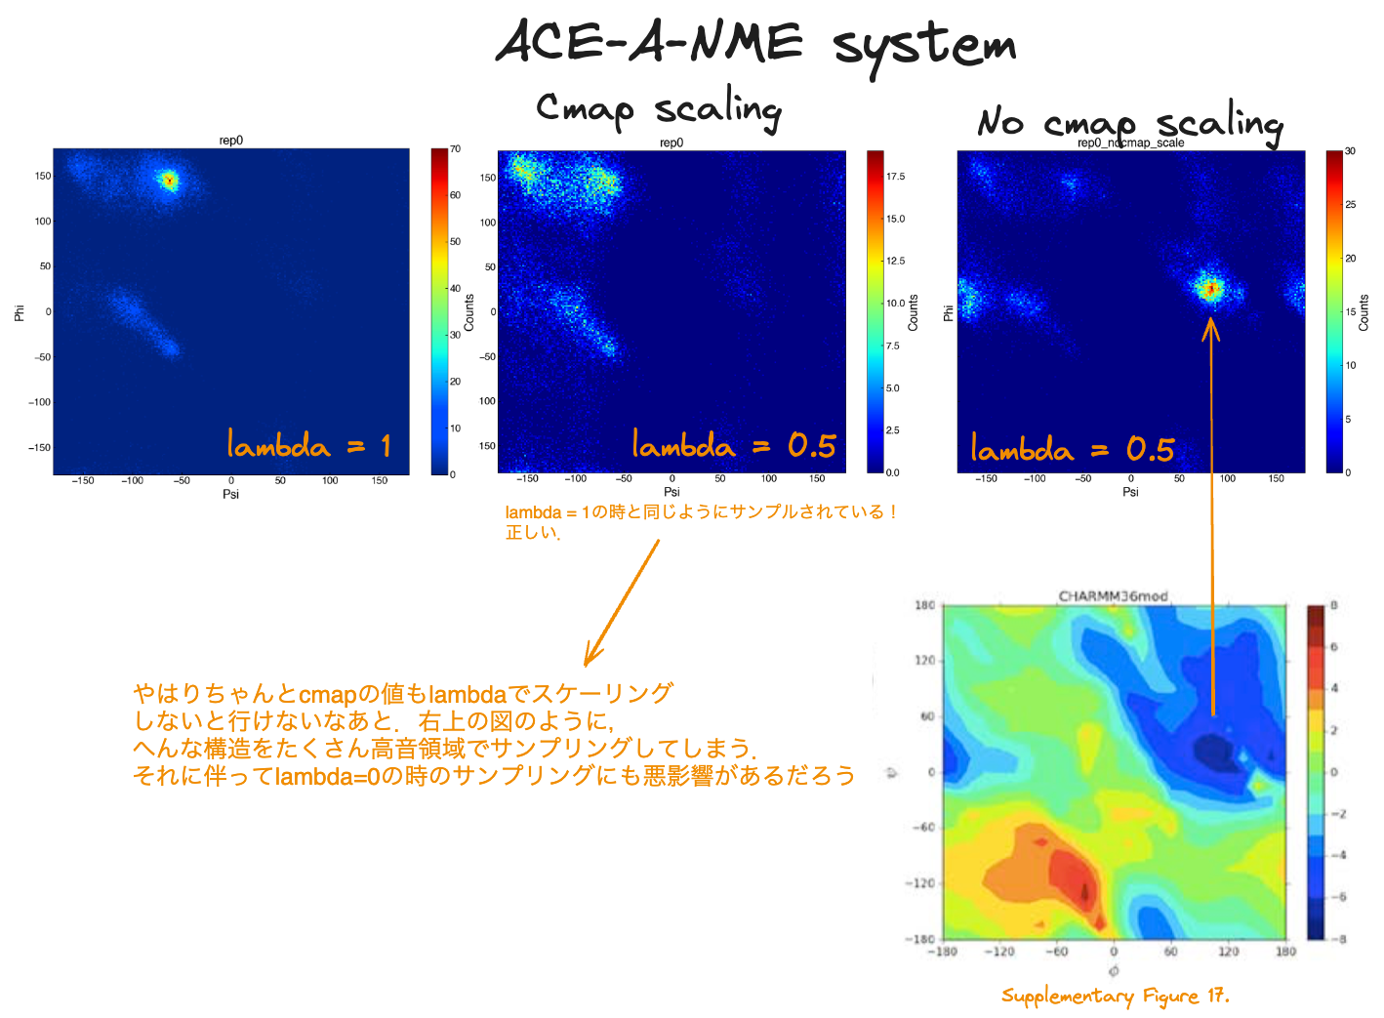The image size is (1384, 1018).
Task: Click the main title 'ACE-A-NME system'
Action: click(756, 44)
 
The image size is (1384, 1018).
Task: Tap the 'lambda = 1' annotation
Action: click(308, 445)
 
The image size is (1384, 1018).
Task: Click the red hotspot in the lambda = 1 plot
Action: click(169, 180)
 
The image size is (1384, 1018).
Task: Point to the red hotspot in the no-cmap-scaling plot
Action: click(1211, 288)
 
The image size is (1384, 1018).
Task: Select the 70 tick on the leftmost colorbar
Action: click(455, 149)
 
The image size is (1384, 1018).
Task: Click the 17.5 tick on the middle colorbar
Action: click(895, 177)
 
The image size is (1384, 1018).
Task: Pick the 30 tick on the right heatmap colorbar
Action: click(1350, 151)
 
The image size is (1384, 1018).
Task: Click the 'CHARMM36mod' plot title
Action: click(1113, 596)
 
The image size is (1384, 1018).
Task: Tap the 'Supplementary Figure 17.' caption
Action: click(1115, 996)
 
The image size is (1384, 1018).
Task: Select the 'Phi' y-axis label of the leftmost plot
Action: click(19, 312)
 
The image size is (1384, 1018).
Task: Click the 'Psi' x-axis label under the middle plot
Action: click(672, 492)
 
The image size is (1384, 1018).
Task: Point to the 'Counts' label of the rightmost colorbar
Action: click(1364, 312)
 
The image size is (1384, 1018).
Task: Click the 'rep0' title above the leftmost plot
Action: click(230, 141)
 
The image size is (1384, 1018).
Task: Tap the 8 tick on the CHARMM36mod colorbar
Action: click(1334, 606)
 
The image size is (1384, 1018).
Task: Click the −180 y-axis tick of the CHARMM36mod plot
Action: click(923, 939)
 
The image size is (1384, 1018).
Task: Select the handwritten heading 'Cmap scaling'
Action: click(659, 108)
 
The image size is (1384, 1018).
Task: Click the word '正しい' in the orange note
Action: click(531, 533)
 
